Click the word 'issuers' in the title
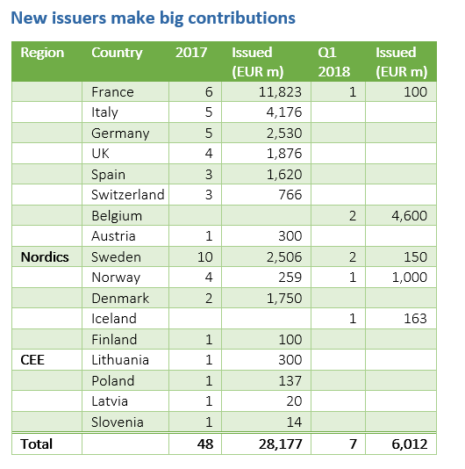pos(79,18)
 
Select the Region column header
pos(42,53)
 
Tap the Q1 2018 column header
pos(333,61)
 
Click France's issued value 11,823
pos(280,92)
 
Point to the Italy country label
pos(104,112)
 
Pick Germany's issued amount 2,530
pos(284,133)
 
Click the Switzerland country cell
pos(128,195)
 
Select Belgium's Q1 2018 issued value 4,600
pos(410,216)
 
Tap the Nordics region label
pos(45,257)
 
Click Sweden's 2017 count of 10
pos(205,257)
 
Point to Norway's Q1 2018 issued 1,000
pos(410,278)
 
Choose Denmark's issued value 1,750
pos(284,299)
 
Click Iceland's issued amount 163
pos(415,319)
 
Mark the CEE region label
pos(32,360)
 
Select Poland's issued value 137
pos(290,381)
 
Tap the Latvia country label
pos(110,401)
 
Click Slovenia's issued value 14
pos(294,422)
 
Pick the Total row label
pos(37,444)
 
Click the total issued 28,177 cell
pos(280,444)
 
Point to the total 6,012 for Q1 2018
pos(410,444)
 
